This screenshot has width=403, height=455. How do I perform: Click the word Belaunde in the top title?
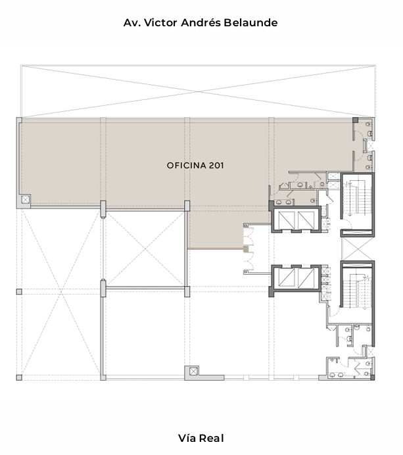pos(250,22)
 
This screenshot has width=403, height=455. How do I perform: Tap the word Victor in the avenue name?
pos(160,22)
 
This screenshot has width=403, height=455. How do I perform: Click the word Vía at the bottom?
pos(186,438)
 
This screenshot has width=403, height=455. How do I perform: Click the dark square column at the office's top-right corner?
pos(355,120)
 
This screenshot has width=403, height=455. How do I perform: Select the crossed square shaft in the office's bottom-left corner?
pos(26,199)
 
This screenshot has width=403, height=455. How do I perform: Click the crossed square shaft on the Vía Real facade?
pos(193,371)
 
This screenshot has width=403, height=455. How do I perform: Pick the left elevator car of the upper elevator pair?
pos(287,220)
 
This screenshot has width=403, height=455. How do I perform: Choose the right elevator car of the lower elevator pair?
pos(306,277)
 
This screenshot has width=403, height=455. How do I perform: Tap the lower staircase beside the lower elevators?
pos(358,290)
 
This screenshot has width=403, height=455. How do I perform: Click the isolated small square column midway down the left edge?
pos(19,292)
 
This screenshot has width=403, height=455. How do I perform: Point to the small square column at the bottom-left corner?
pos(19,377)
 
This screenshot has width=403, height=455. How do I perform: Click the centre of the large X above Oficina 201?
pos(198,91)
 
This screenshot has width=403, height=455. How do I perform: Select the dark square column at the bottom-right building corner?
pos(373,377)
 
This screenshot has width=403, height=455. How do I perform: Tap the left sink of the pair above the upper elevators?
pos(279,202)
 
